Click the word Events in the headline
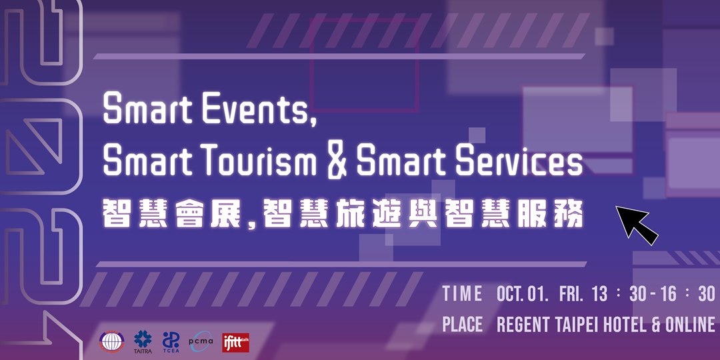coord(256,110)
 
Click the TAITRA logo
coord(143,341)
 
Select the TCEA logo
coord(171,341)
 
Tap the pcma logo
coord(201,341)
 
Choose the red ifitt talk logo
coord(235,342)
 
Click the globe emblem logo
coord(111,341)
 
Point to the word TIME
coord(462,294)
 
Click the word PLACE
coord(462,325)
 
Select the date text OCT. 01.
coord(523,294)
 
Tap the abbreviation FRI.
coord(573,294)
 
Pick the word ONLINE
coord(689,325)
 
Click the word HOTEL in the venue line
coord(622,325)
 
